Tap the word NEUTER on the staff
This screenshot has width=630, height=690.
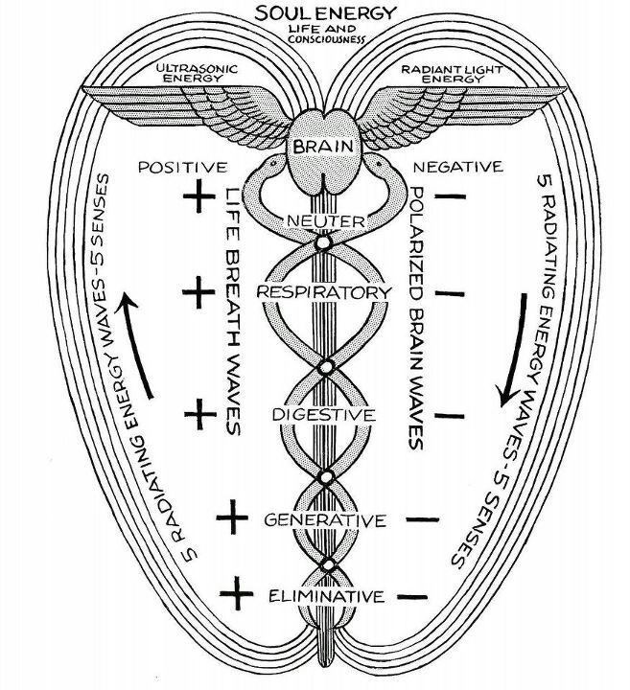(324, 221)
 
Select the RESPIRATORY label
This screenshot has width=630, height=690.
(324, 291)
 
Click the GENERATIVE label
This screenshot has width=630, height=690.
(324, 520)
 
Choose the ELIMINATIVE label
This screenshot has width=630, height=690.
(325, 596)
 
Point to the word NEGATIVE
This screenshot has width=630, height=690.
(457, 167)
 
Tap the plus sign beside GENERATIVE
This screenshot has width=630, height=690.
(231, 518)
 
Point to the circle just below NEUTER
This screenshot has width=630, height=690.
(323, 244)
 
